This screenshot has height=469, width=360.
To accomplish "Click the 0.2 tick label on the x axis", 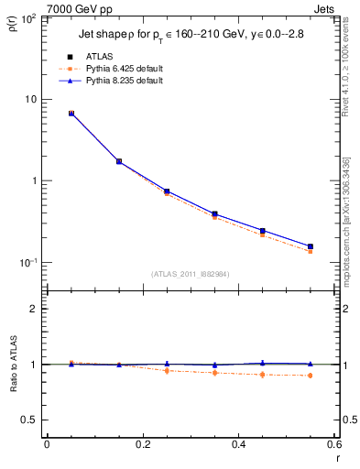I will [142, 444].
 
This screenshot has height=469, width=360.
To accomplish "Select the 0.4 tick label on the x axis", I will [238, 444].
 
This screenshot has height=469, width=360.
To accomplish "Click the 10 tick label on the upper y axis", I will [31, 99].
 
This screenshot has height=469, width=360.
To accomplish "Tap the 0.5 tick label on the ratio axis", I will [28, 420].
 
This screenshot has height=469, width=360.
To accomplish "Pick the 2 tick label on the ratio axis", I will [34, 309].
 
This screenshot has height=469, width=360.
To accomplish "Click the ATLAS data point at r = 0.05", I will [71, 114].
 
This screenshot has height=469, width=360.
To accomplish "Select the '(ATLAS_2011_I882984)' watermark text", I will [190, 274].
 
